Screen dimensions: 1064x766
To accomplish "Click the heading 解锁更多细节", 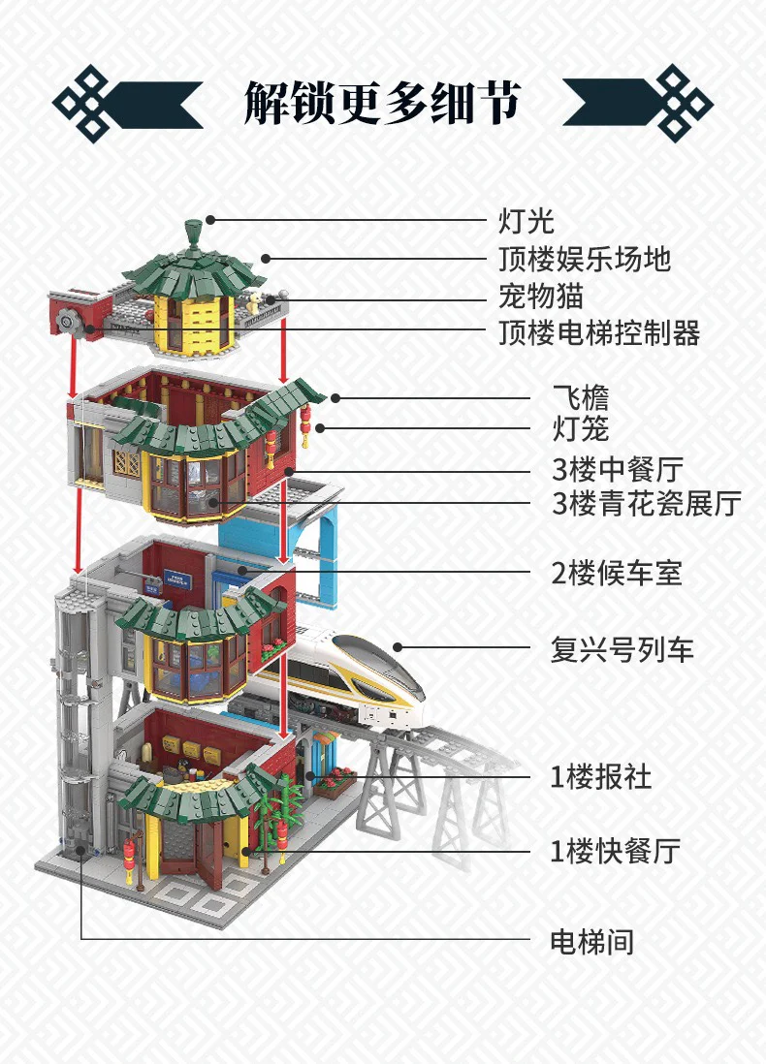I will click(x=382, y=102).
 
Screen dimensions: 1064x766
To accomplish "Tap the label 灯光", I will click(x=527, y=221).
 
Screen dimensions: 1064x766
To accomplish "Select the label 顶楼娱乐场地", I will click(x=584, y=259).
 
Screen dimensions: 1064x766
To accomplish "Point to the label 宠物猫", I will click(x=541, y=296).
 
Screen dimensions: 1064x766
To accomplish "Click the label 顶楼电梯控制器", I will click(x=598, y=332).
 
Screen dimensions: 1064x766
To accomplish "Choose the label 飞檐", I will click(x=580, y=397).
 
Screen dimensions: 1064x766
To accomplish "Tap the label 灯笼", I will click(x=580, y=427).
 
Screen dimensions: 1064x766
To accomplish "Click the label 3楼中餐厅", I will click(x=618, y=471).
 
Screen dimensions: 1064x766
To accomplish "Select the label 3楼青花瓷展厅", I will click(x=646, y=504).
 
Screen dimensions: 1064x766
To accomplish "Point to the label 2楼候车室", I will click(x=617, y=573).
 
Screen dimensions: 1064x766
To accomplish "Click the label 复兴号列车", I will click(x=622, y=648).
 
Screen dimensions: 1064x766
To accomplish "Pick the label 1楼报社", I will click(x=601, y=777).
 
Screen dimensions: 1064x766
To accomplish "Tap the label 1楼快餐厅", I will click(x=616, y=852).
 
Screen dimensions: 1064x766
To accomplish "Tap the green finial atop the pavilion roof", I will click(x=194, y=230).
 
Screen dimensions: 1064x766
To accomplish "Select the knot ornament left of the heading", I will click(x=92, y=103).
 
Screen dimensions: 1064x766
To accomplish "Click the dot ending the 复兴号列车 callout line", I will click(x=396, y=647).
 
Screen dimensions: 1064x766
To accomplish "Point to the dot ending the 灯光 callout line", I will click(x=208, y=220).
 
